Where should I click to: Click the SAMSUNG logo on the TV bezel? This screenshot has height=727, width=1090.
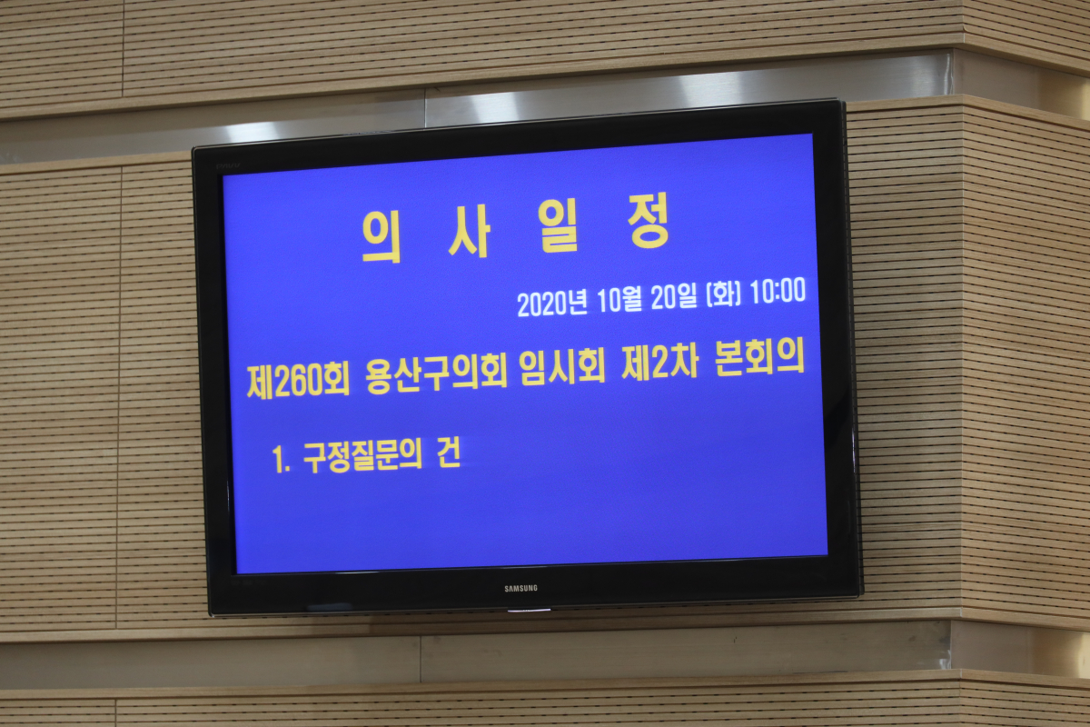click(520, 588)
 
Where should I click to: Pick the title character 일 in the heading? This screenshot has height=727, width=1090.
click(559, 225)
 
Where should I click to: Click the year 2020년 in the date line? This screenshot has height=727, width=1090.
click(552, 304)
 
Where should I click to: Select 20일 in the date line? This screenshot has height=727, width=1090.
click(674, 297)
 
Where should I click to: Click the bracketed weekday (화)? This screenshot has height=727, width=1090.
click(724, 294)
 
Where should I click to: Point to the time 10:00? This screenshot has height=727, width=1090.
click(778, 291)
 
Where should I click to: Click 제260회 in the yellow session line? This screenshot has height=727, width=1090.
click(298, 381)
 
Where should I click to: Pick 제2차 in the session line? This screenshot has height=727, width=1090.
click(660, 363)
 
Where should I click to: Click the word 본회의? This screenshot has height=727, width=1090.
click(759, 358)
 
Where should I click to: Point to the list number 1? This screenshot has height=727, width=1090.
click(282, 460)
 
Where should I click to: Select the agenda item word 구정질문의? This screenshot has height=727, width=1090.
click(362, 457)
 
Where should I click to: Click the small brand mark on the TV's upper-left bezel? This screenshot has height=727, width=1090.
click(228, 166)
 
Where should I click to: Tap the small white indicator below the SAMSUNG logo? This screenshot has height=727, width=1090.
click(529, 610)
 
